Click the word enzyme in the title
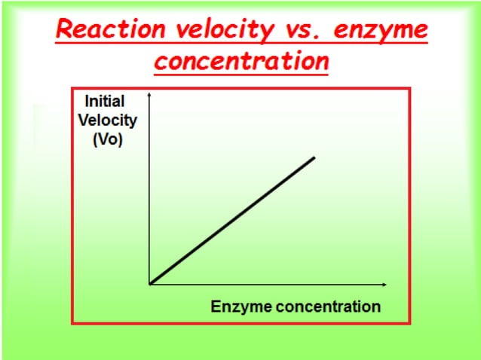[381, 32]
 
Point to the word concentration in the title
[241, 61]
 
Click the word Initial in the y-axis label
[105, 101]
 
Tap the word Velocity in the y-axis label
[108, 121]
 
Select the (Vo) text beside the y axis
[107, 140]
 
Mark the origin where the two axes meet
[150, 284]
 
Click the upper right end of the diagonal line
[314, 157]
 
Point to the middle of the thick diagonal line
[232, 221]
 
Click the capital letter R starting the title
[66, 31]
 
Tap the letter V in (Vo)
[102, 140]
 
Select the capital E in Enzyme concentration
[216, 307]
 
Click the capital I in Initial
[87, 101]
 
